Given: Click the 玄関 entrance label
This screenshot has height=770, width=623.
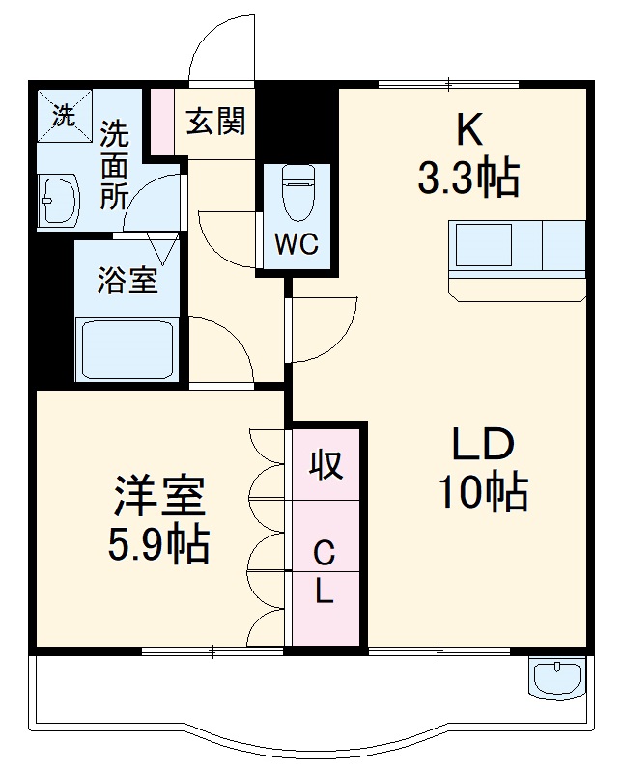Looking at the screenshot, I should click(x=216, y=122).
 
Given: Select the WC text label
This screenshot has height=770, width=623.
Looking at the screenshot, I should click(x=297, y=244).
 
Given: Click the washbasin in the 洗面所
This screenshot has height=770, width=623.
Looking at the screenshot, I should click(x=59, y=201).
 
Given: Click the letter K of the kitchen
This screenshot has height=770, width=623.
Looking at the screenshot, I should click(x=468, y=128).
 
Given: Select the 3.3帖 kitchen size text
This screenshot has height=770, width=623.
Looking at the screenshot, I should click(x=468, y=179).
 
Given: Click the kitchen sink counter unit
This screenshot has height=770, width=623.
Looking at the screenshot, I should click(x=517, y=248).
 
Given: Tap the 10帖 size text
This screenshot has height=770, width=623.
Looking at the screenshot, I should click(x=484, y=494).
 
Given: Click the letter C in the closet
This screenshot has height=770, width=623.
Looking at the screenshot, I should click(x=325, y=553).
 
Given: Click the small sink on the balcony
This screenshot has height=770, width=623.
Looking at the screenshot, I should click(x=557, y=675).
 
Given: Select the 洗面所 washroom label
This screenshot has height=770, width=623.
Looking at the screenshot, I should click(x=115, y=164).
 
